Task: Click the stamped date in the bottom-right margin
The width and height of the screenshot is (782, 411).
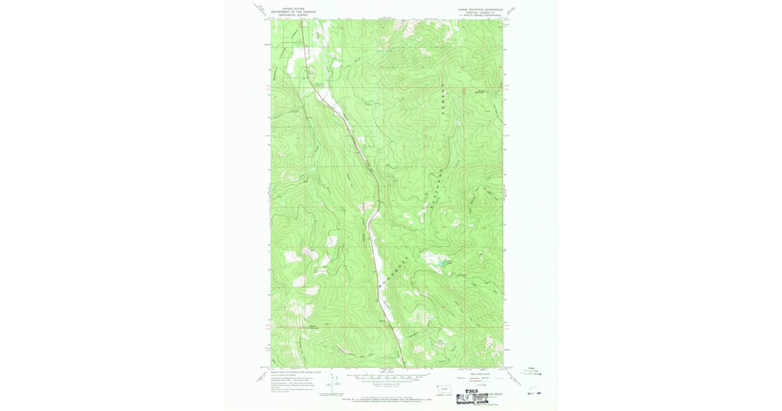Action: point(532,393)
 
